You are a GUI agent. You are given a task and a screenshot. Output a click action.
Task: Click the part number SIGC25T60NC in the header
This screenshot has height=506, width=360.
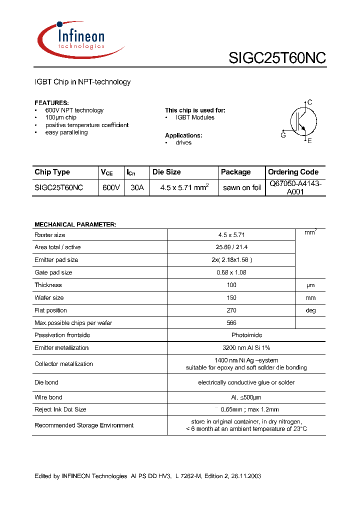(x=277, y=58)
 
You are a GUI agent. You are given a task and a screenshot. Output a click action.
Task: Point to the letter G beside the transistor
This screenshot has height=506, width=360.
(x=283, y=135)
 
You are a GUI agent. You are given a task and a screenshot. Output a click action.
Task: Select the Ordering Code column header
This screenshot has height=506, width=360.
(x=293, y=172)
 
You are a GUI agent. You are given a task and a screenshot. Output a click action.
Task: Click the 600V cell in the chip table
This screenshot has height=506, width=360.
(x=110, y=187)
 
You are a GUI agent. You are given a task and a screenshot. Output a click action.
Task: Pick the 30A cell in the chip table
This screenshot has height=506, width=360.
(x=136, y=187)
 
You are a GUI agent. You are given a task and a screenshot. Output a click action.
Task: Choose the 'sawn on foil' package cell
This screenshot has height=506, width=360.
(x=242, y=187)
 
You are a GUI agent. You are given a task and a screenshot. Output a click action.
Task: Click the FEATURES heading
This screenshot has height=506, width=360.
(x=51, y=102)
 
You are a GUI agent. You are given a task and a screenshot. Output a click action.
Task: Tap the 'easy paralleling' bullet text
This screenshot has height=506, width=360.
(x=66, y=132)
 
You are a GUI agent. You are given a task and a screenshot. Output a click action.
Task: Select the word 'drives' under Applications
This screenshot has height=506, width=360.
(x=183, y=142)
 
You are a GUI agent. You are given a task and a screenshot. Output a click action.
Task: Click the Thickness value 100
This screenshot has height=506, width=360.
(x=231, y=285)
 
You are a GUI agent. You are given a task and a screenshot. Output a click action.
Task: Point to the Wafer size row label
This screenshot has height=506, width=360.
(x=49, y=297)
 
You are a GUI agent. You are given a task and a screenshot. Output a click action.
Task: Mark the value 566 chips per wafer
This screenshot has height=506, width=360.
(x=231, y=323)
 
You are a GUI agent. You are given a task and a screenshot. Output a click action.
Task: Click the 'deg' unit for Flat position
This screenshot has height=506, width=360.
(x=311, y=310)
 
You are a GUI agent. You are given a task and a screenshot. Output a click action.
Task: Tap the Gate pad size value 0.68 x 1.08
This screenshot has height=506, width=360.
(x=231, y=272)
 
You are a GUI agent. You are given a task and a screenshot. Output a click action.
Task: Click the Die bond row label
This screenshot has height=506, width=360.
(x=46, y=382)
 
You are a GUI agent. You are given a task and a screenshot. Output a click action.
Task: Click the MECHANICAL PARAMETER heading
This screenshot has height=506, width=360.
(x=75, y=224)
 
